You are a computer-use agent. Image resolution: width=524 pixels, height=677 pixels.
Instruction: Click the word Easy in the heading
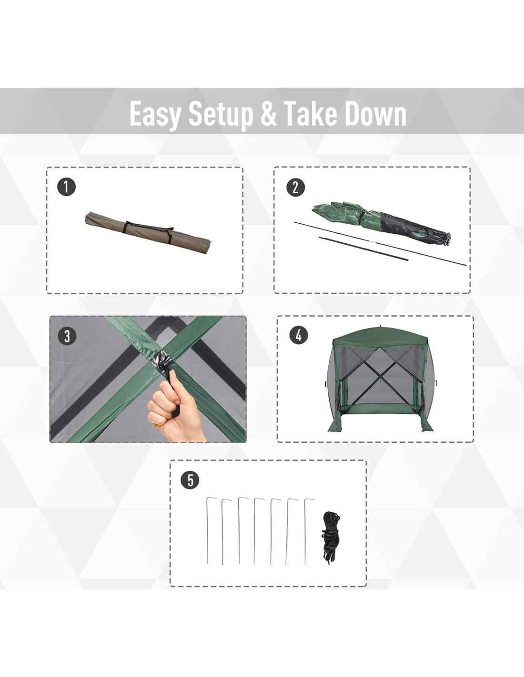coord(155,114)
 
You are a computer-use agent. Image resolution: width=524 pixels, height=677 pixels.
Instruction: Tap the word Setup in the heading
coord(221,114)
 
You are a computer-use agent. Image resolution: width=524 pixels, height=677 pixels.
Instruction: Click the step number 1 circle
coord(66,187)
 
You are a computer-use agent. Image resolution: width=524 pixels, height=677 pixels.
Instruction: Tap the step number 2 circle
coord(295,187)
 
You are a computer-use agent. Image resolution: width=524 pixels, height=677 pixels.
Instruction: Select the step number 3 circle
coord(67,336)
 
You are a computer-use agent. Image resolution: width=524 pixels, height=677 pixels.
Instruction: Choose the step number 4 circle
coord(299,335)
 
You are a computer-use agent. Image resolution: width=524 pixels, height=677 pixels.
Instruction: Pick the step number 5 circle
coord(191,480)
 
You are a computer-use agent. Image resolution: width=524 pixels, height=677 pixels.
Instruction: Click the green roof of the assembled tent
coord(380,338)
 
